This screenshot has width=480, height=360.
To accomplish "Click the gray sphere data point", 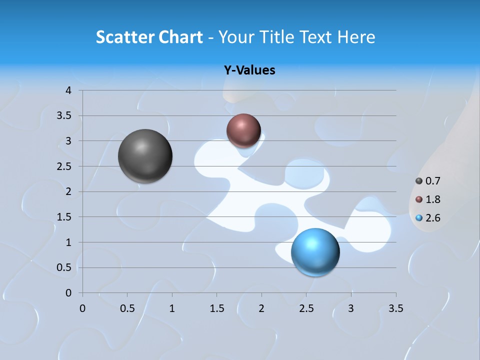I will click(145, 156).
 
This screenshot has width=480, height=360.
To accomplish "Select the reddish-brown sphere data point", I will click(243, 130).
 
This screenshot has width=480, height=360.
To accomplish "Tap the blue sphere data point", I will click(315, 251).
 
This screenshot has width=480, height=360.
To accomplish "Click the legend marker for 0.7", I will click(419, 181).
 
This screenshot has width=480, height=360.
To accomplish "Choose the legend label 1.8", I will click(432, 199).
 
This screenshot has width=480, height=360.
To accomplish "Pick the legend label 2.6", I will click(432, 218).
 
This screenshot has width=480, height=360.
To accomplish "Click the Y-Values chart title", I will click(249, 70).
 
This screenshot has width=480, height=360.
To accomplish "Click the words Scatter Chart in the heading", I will click(149, 37).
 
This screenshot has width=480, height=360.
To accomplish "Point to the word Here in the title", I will click(356, 37).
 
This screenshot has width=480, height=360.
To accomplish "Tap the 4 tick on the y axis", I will click(68, 90).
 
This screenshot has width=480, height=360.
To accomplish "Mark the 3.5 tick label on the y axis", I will click(64, 116).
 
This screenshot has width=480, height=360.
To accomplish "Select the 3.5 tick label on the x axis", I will click(395, 308).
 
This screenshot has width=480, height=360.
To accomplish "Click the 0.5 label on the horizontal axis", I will click(127, 308).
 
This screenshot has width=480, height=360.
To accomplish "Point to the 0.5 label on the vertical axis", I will click(64, 267).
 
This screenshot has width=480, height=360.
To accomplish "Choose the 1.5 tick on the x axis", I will click(216, 308).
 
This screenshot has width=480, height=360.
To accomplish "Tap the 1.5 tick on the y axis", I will click(64, 217).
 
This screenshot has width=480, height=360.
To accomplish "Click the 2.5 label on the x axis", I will click(306, 308).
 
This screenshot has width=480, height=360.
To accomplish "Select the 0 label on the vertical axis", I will click(68, 293).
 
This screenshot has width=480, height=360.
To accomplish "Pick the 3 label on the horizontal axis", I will click(351, 308).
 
